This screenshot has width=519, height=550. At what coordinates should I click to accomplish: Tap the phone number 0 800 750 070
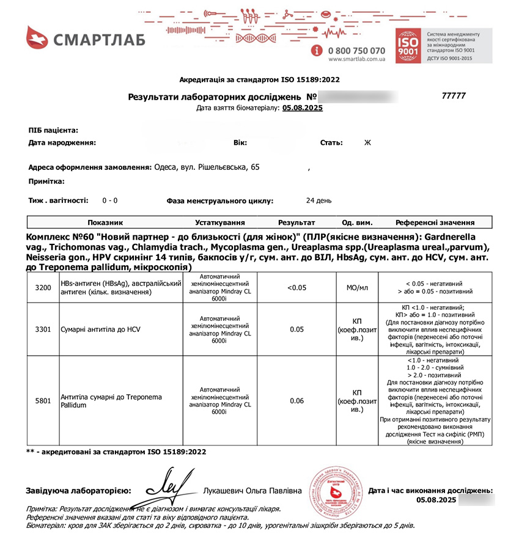click(x=356, y=50)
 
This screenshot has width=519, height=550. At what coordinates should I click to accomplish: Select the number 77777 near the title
click(x=454, y=96)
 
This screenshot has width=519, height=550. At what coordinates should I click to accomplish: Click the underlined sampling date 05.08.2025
click(x=302, y=108)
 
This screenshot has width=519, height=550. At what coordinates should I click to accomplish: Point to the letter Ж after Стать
click(x=367, y=143)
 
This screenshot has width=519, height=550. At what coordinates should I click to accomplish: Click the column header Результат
click(x=296, y=222)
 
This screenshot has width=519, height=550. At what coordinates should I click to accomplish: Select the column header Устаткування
click(x=220, y=222)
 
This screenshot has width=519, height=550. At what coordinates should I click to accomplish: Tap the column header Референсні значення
click(x=435, y=222)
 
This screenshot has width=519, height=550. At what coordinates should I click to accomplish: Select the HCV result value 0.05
click(x=296, y=329)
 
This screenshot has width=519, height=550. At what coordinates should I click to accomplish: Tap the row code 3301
click(x=43, y=329)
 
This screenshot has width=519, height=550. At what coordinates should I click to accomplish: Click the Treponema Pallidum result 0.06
click(x=296, y=401)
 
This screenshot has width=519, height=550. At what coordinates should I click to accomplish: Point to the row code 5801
click(x=43, y=401)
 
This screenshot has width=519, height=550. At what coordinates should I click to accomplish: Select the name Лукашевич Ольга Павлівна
click(x=252, y=491)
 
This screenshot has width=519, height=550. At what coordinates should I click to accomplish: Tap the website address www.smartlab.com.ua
click(x=356, y=60)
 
